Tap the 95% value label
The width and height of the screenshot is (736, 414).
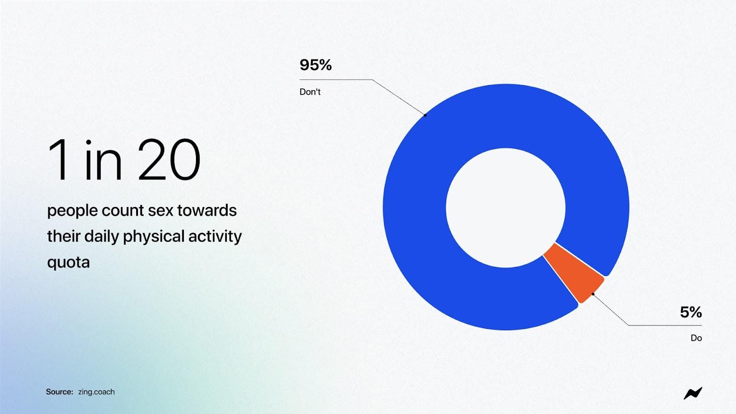(316, 65)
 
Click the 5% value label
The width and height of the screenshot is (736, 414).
(690, 312)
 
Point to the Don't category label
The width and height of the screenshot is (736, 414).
(310, 92)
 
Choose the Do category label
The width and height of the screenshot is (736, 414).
(696, 338)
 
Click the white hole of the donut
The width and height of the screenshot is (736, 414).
(506, 207)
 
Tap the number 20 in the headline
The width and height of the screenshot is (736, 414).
(168, 160)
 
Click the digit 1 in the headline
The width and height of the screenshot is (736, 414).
(59, 160)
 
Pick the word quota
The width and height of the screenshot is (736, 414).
(69, 263)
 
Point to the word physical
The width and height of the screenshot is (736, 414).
(154, 236)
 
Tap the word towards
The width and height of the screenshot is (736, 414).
(207, 210)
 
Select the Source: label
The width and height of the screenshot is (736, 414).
(59, 391)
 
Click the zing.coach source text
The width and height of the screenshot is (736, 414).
(96, 392)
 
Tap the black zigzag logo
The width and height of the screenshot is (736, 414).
(693, 393)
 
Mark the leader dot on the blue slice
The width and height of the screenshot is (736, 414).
(425, 115)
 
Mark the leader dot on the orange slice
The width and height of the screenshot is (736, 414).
(593, 294)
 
